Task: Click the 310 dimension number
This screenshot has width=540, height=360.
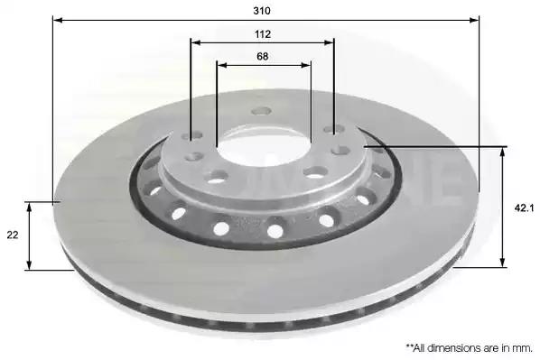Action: coord(262,11)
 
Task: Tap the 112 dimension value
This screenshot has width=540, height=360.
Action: coord(263,34)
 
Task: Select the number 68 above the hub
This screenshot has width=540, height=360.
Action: coord(262,56)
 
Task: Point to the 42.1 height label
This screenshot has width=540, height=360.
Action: coord(524,208)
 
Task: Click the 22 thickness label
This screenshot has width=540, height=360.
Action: coord(13,235)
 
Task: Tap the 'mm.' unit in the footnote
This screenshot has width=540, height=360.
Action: coord(522,348)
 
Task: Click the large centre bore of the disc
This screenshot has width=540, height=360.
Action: coord(265,146)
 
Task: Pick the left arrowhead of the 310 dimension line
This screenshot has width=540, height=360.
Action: coord(58,20)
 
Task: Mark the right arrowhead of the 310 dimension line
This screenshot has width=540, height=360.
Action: coord(474,20)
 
